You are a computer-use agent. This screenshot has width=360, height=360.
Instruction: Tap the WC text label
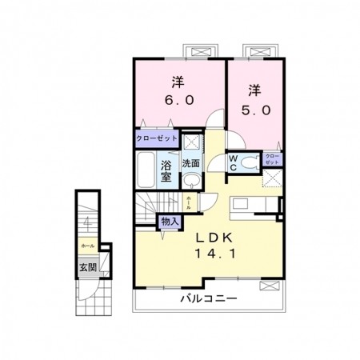tap(233, 162)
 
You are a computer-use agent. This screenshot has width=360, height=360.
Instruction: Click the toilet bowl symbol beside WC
tap(249, 162)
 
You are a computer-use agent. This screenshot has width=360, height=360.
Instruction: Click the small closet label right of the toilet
tap(272, 158)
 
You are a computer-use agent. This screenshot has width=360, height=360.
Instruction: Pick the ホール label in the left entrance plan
tap(87, 246)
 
